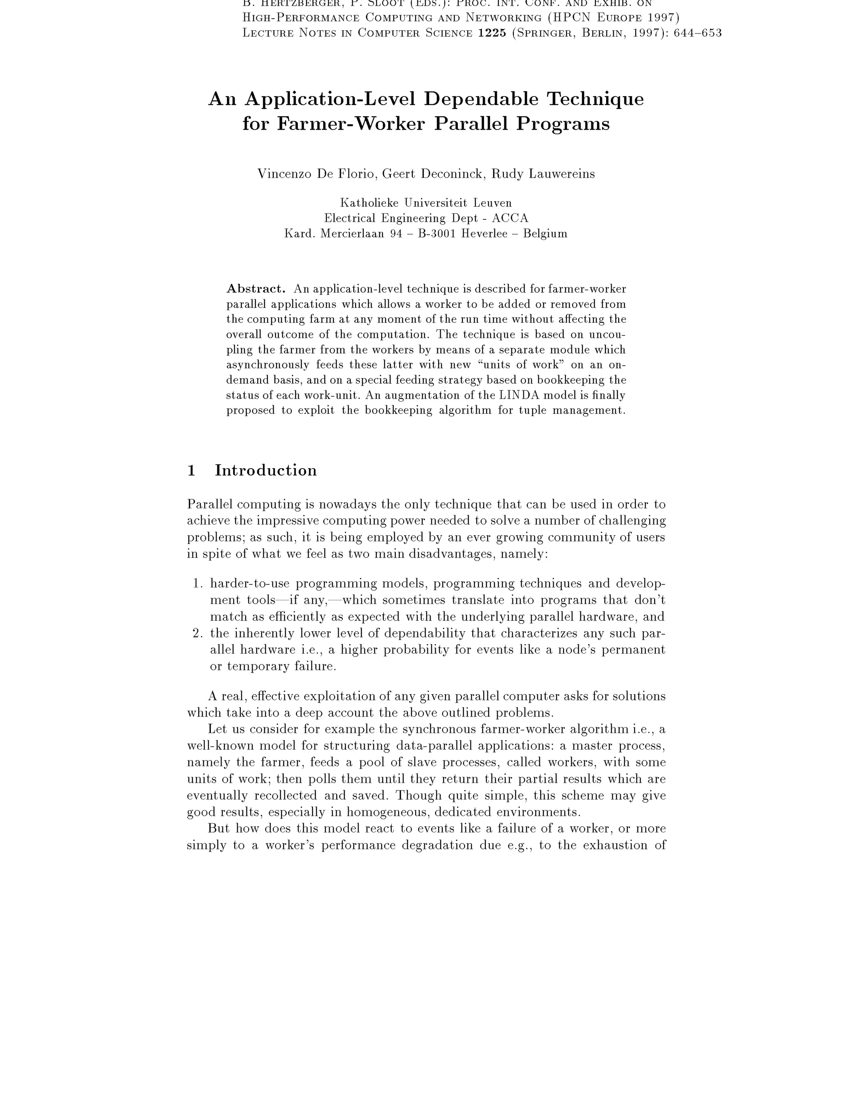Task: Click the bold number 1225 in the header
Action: tap(492, 33)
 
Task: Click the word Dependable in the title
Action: tap(481, 99)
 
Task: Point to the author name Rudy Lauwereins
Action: tap(543, 174)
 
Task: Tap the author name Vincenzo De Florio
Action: tap(317, 174)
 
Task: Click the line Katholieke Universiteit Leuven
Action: tap(426, 203)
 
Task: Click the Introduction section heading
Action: tap(266, 471)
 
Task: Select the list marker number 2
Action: tap(198, 633)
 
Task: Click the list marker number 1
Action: tap(198, 584)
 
